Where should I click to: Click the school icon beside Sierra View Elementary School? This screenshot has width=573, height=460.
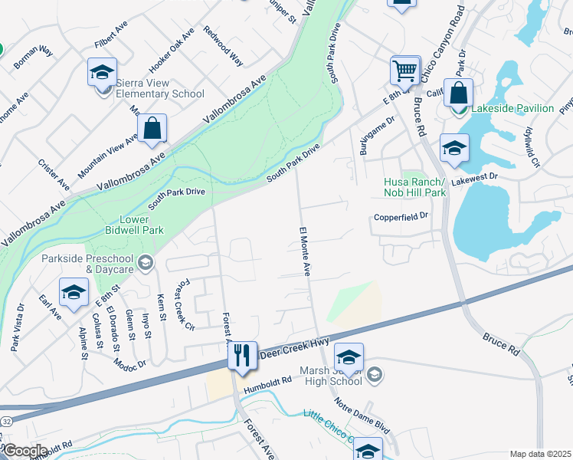click(102, 74)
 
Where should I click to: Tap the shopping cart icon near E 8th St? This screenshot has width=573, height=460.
click(404, 71)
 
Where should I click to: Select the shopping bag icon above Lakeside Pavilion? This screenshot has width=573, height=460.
click(458, 94)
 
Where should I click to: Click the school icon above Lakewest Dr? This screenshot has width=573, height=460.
click(454, 149)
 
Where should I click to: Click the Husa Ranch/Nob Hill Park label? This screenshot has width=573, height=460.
click(414, 188)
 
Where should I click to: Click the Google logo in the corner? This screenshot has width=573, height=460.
click(25, 451)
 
